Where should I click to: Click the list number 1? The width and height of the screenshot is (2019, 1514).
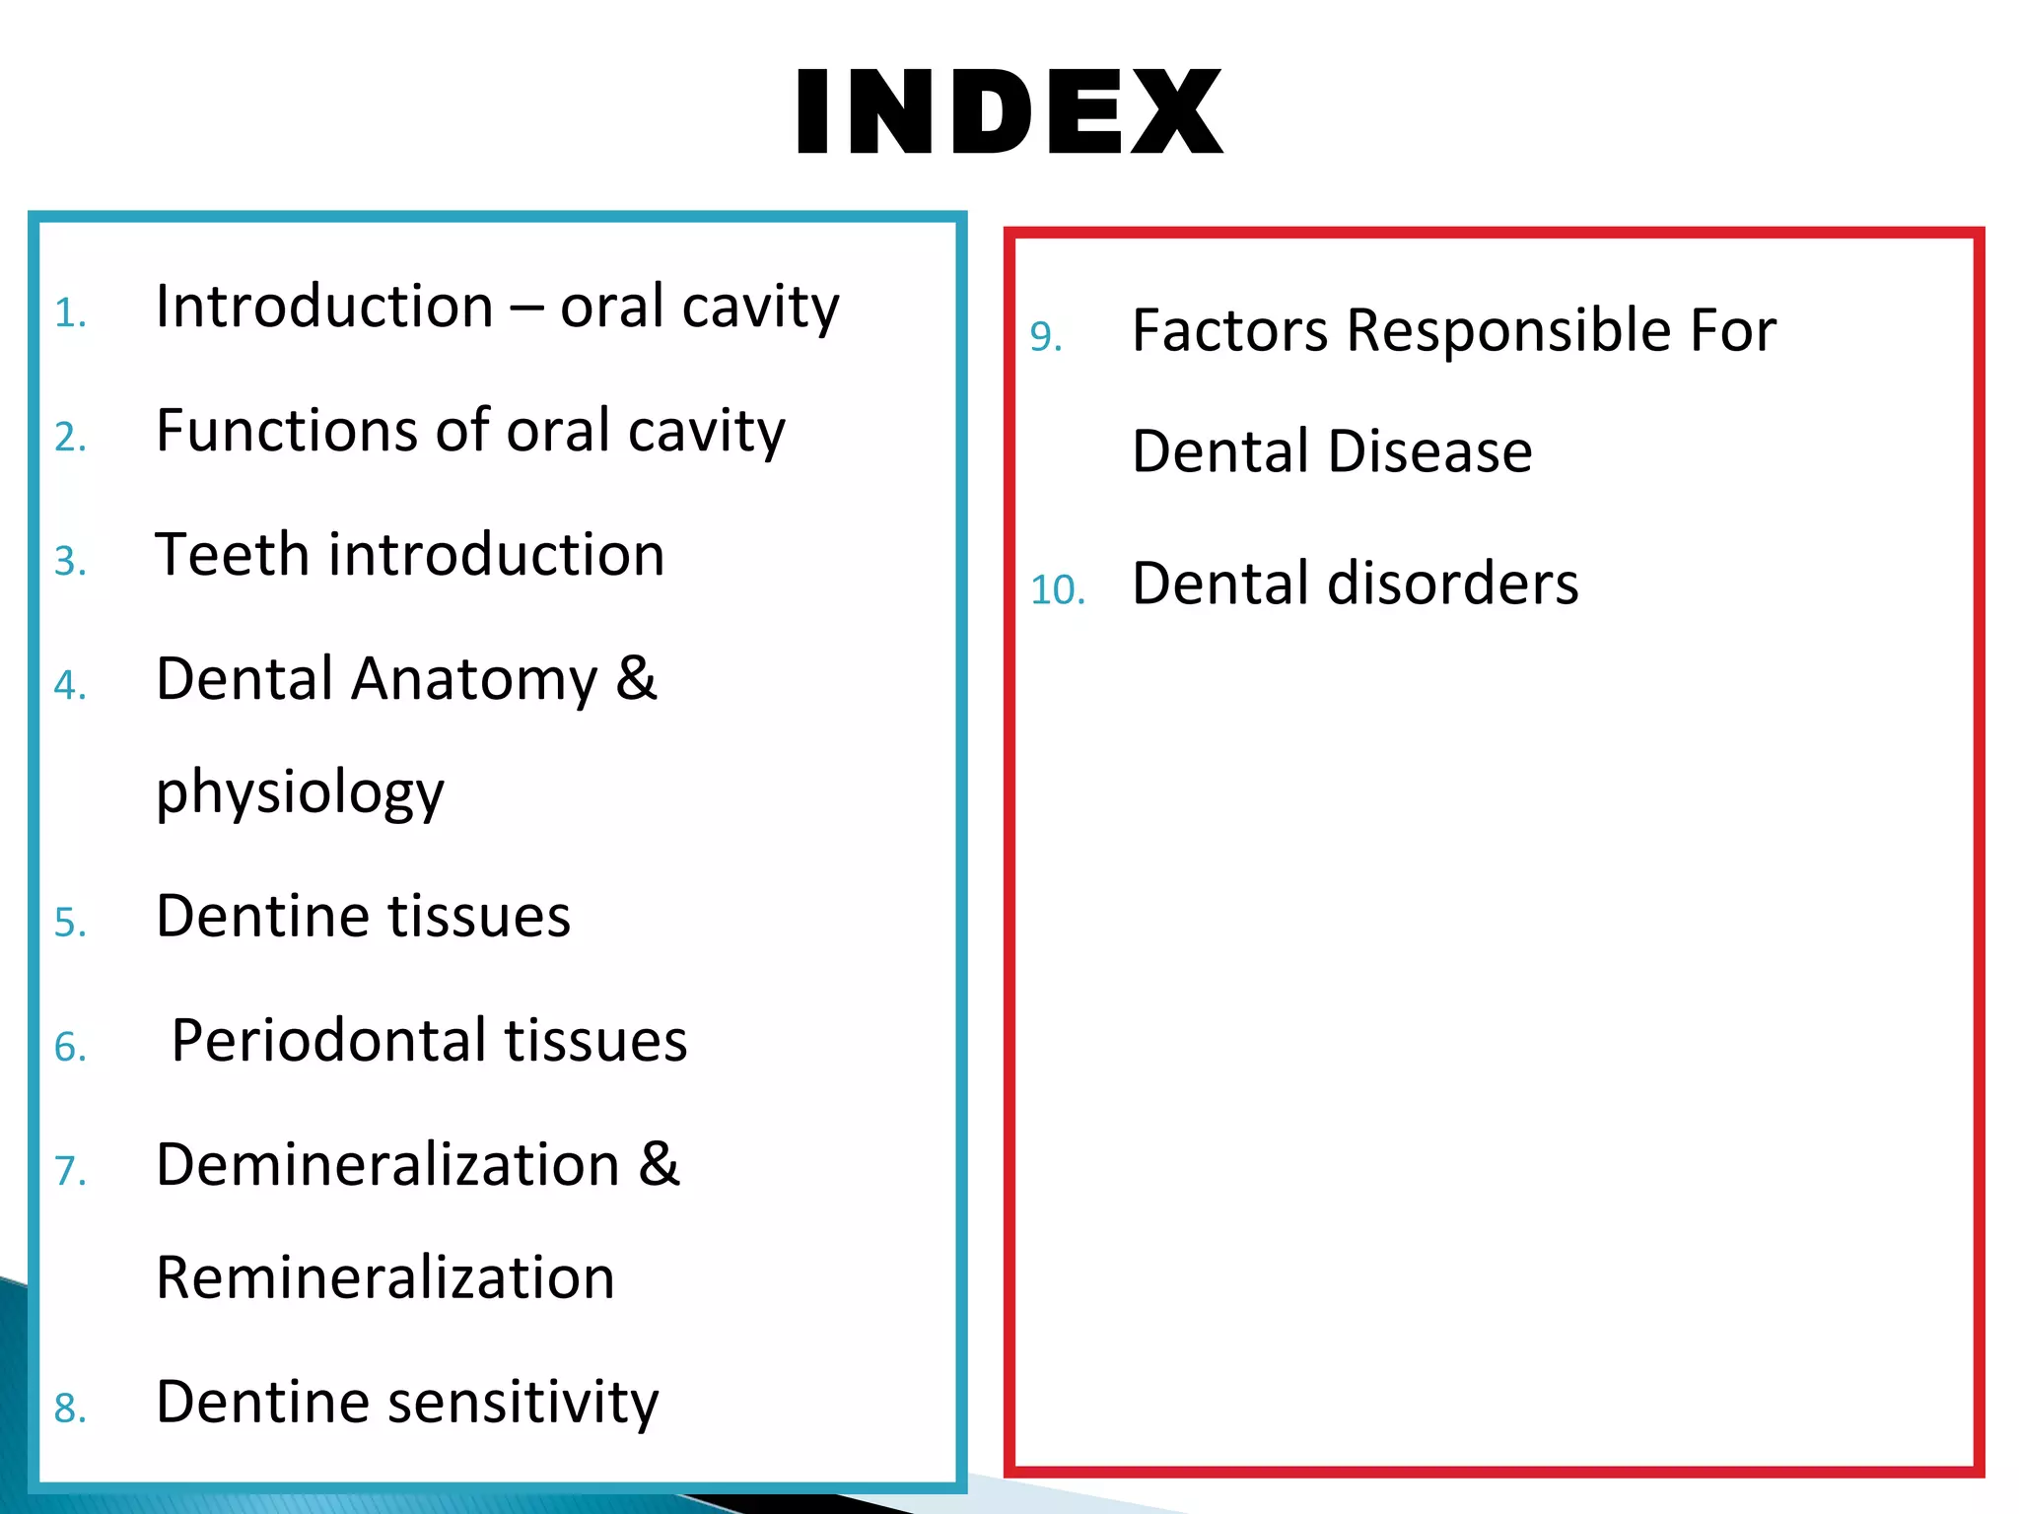click(x=69, y=313)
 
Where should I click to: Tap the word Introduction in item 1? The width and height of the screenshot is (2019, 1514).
click(x=324, y=306)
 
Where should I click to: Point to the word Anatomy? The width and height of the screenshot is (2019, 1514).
click(x=474, y=679)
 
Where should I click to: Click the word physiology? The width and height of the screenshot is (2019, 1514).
click(x=300, y=793)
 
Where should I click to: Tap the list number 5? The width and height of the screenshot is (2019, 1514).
click(x=69, y=923)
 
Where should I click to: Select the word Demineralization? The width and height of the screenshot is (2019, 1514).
click(x=387, y=1164)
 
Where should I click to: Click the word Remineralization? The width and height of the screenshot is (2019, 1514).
click(x=384, y=1278)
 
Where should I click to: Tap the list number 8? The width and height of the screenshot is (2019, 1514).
click(x=69, y=1409)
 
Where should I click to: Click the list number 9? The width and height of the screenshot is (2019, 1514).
click(x=1045, y=337)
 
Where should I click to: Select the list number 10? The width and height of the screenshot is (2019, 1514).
click(x=1057, y=590)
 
